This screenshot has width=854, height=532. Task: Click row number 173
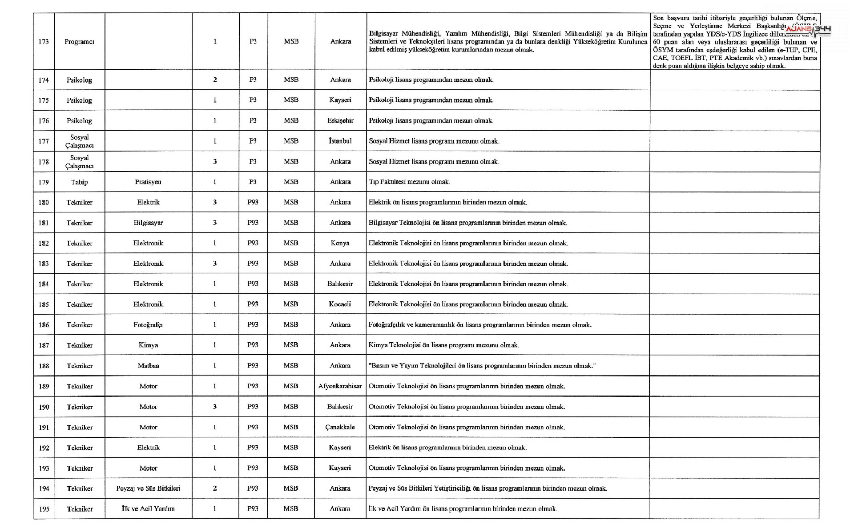(44, 42)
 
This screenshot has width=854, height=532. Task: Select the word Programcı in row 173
(79, 42)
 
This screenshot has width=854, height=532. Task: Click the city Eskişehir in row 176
(340, 120)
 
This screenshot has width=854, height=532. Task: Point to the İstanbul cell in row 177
(340, 141)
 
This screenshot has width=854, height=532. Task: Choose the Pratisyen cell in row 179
(148, 182)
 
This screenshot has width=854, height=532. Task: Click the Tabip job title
(79, 182)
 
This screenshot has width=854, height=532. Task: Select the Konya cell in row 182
(340, 243)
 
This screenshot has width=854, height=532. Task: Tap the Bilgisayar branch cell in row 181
(148, 223)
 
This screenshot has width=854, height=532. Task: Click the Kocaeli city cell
(340, 304)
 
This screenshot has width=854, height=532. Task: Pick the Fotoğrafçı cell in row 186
(148, 325)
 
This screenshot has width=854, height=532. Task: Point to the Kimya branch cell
(148, 345)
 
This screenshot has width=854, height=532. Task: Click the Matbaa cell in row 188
(148, 366)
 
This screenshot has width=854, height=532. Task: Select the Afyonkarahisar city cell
(340, 386)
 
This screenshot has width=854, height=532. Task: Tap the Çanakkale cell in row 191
(340, 427)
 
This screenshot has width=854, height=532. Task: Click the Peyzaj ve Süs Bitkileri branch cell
(148, 488)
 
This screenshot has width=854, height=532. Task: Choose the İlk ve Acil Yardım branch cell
(148, 509)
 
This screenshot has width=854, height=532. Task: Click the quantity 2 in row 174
(215, 80)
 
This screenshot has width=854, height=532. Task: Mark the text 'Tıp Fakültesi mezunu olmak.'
(409, 182)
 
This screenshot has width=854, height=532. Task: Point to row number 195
(44, 509)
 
